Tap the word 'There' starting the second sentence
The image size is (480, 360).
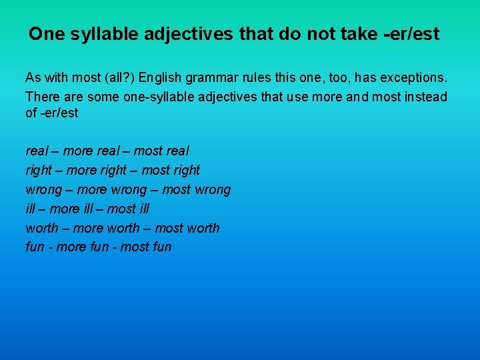tap(42, 97)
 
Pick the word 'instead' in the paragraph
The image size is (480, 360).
tap(424, 97)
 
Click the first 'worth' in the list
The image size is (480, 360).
tap(42, 228)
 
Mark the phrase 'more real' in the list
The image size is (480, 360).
tap(91, 151)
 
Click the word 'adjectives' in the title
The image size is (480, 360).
tap(195, 34)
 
